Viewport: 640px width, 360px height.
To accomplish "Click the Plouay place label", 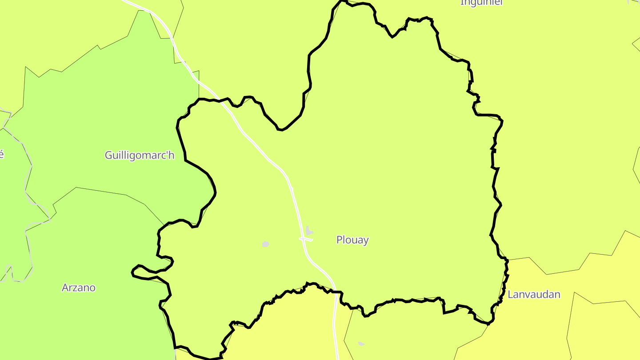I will coord(352,240).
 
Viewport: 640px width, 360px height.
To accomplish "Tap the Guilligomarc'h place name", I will coord(140,156).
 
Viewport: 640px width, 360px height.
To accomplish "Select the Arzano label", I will coord(79,288).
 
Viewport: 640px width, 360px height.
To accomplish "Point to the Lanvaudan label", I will coord(534,294).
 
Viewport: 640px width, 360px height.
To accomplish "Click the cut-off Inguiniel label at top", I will coord(481,3).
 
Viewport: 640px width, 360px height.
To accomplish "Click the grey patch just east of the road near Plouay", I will coord(309,231).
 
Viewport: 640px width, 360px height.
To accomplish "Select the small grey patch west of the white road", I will coord(265,244).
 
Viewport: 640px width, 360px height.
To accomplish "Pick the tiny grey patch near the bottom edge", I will coord(361,344).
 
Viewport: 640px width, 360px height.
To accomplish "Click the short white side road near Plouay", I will coord(306,239).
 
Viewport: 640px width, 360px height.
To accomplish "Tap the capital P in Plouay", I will coord(340,240).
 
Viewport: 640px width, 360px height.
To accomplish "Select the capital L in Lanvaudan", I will coord(510,294).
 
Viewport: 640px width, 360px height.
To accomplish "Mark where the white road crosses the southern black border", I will coord(334,292).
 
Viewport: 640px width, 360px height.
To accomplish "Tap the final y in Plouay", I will coord(366,241).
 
